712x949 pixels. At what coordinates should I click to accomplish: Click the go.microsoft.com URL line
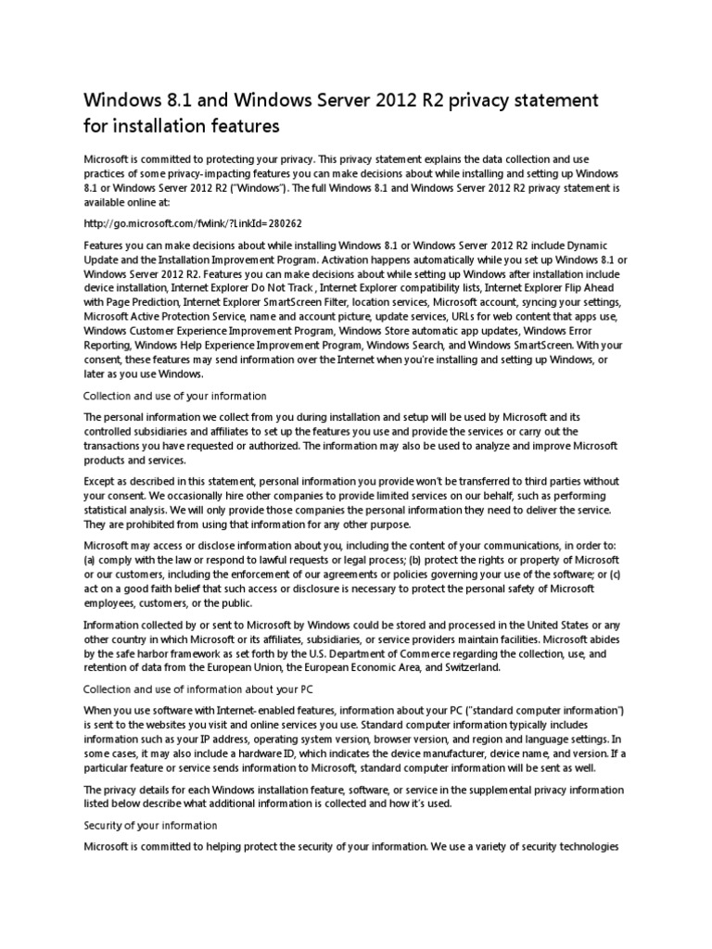[193, 223]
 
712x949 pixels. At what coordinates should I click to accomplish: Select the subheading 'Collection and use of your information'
[175, 396]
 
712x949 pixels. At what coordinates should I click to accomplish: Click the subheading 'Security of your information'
[150, 825]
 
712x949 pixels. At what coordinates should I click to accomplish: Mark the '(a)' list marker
[90, 559]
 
